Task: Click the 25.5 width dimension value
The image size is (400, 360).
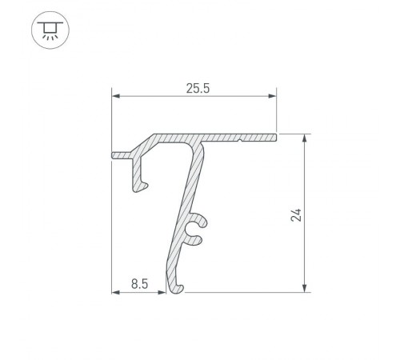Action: pyautogui.click(x=193, y=89)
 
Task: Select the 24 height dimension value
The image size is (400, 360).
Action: pyautogui.click(x=296, y=214)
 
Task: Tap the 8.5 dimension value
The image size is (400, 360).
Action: pyautogui.click(x=138, y=282)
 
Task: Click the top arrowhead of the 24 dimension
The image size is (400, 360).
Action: pyautogui.click(x=305, y=138)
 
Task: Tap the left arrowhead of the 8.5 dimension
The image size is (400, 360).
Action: pyautogui.click(x=114, y=291)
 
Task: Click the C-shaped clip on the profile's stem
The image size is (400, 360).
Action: pyautogui.click(x=197, y=230)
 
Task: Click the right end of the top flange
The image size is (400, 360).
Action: pyautogui.click(x=274, y=138)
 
